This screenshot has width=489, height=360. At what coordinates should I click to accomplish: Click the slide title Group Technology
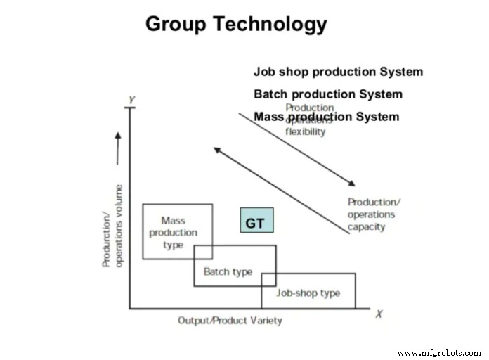236,24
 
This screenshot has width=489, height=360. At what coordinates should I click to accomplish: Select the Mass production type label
174,233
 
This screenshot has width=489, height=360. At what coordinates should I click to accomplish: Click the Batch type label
228,272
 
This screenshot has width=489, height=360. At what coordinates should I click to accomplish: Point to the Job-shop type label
308,292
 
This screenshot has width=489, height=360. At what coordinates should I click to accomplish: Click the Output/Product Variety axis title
230,321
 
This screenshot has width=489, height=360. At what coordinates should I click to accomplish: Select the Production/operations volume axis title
112,226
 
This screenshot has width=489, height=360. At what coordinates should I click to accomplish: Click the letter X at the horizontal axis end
379,314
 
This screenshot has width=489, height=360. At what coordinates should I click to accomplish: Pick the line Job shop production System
338,72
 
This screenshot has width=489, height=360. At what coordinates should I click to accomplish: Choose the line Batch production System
328,94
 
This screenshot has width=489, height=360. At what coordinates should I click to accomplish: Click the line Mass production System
326,117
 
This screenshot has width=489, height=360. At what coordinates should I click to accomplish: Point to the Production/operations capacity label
372,214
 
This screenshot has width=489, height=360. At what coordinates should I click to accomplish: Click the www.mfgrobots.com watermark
438,353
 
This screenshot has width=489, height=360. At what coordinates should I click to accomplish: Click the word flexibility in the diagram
306,131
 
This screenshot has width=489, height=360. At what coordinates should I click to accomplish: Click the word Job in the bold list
264,72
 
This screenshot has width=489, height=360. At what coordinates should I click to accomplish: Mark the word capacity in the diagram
367,227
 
